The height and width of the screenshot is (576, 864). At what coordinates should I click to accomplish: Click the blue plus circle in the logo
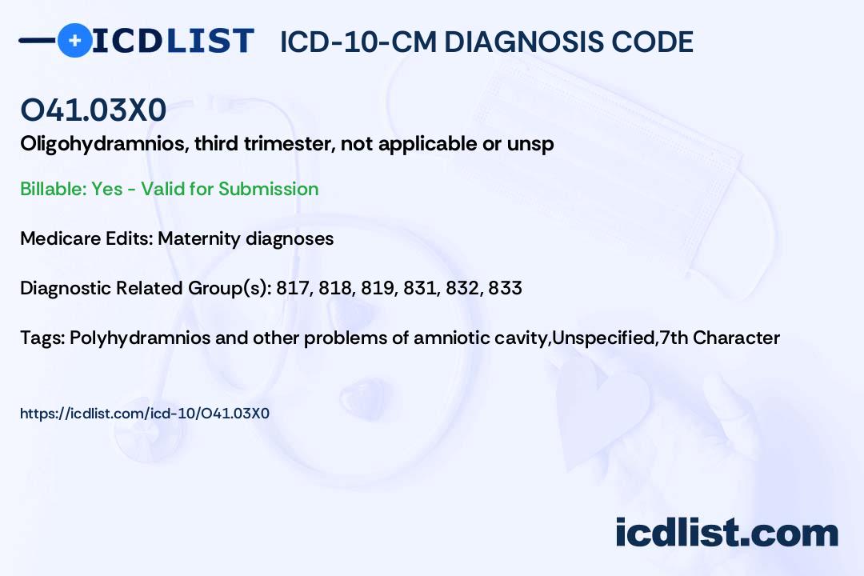click(74, 40)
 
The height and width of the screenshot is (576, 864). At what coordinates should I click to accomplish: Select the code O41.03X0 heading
click(94, 111)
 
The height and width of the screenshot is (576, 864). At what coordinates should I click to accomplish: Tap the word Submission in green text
click(268, 189)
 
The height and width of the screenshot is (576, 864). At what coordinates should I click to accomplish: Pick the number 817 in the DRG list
click(291, 288)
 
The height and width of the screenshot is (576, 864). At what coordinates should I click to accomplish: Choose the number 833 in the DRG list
click(506, 288)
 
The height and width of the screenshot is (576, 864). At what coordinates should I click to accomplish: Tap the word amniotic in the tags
click(450, 338)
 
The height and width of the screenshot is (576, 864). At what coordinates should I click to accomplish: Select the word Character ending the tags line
click(736, 338)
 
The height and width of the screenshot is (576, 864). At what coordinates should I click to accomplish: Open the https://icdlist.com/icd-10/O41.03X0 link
click(145, 414)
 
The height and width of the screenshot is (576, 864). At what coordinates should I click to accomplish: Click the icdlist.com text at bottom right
click(726, 532)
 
